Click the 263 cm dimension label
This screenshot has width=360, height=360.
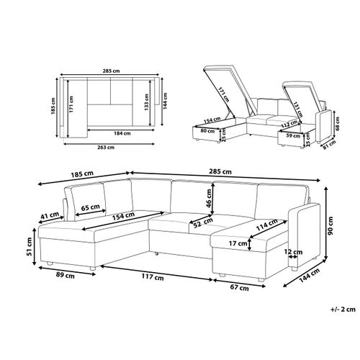(106, 148)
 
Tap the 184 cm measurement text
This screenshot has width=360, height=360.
(122, 133)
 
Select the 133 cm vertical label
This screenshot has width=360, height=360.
(146, 102)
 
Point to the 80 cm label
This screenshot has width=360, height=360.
(207, 131)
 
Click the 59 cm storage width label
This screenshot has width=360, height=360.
(294, 136)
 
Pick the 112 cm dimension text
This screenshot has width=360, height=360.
(290, 124)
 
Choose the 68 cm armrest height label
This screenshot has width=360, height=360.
(338, 124)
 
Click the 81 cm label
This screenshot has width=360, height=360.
(329, 145)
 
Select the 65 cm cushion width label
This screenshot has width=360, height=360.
(90, 207)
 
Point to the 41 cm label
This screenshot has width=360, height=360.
(50, 215)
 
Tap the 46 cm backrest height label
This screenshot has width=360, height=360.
(209, 198)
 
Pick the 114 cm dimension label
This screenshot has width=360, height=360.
(267, 225)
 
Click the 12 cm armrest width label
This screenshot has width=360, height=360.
(293, 252)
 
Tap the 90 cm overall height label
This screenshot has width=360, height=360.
(330, 226)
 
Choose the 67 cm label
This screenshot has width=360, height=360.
(239, 288)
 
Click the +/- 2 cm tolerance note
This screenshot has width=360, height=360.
(343, 310)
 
